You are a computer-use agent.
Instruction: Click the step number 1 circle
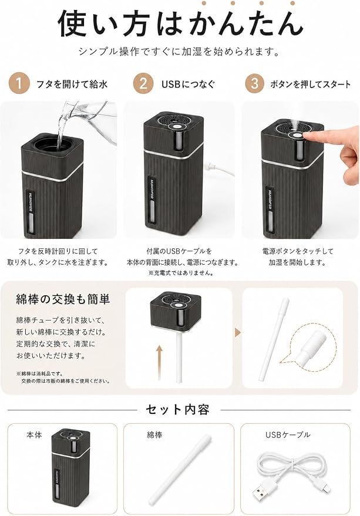pos(19,83)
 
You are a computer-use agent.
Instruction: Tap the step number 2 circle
pos(143,83)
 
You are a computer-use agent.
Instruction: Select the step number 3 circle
pos(255,83)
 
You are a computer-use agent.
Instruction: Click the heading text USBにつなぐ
pos(188,85)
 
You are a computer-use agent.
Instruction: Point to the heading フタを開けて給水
pos(72,85)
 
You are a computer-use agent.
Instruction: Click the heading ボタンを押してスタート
pos(311,85)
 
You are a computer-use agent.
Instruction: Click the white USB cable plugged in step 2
pos(219,168)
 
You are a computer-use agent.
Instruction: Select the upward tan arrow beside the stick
pos(160,362)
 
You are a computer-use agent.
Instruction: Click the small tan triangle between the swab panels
pos(238,333)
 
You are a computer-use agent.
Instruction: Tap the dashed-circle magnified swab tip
pos(311,346)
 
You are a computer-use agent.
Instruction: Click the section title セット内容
pos(178,410)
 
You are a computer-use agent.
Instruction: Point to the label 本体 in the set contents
pos(34,435)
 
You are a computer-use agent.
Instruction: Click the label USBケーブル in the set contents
pos(288,435)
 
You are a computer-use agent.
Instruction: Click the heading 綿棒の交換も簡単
pos(63,299)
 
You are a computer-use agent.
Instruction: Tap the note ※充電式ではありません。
pos(181,273)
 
